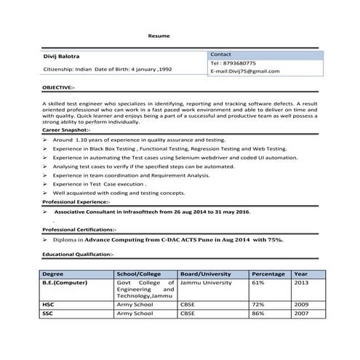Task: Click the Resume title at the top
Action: coord(158,35)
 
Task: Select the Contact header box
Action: coord(263,55)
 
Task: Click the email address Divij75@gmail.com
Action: coord(244,71)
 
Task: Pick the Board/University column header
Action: coord(205,274)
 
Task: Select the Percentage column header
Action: coord(268,274)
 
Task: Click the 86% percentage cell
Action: coord(257,313)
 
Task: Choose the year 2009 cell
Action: coord(301,304)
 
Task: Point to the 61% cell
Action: coord(257,282)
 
